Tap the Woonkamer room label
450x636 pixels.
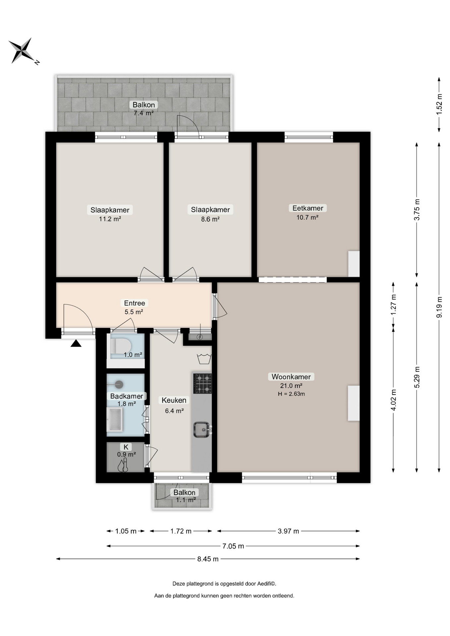click(291, 377)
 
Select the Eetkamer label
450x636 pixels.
click(308, 208)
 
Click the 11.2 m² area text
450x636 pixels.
click(110, 219)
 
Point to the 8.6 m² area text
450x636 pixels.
click(210, 219)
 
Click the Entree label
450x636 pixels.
click(134, 303)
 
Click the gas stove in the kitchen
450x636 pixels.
click(202, 383)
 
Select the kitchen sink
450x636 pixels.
click(202, 430)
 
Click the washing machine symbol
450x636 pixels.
click(204, 359)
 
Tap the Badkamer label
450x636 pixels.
click(127, 396)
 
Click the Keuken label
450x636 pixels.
click(174, 400)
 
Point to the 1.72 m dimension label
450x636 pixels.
click(181, 531)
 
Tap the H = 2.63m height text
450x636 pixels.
click(291, 394)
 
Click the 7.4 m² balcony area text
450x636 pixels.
click(143, 113)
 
